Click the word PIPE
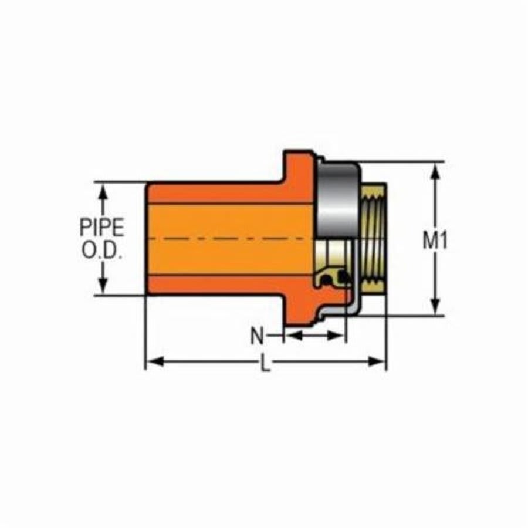coord(102,228)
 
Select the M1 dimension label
coord(435,241)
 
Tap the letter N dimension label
coord(257,336)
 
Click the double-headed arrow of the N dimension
coord(315,336)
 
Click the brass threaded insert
coord(373,241)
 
